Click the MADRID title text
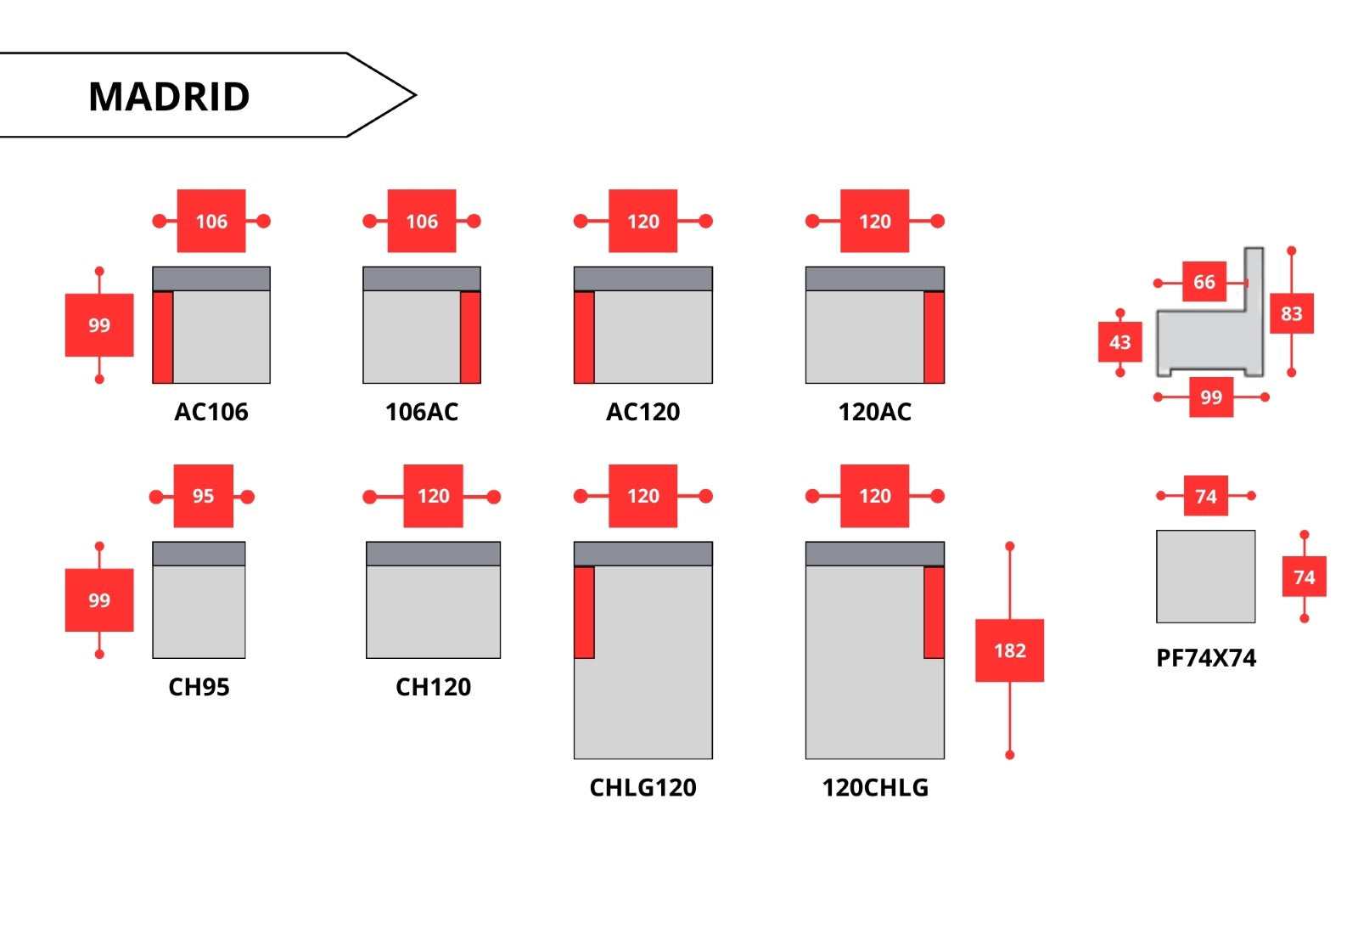[x=169, y=96]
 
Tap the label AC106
[x=211, y=412]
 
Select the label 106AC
[x=422, y=412]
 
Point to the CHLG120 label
[x=643, y=788]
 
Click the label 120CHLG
[x=875, y=788]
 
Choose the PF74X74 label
[x=1206, y=658]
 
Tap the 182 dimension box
[x=1009, y=650]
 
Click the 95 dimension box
[x=203, y=496]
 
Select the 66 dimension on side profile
[x=1204, y=282]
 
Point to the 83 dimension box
[x=1291, y=313]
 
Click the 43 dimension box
[x=1120, y=342]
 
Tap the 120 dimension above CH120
[x=433, y=496]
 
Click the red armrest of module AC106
[x=163, y=337]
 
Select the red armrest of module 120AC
[x=934, y=337]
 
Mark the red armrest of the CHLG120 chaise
[x=584, y=612]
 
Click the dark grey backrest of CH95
[x=199, y=554]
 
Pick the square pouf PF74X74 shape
[x=1205, y=577]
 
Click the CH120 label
[x=433, y=687]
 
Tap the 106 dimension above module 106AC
[x=422, y=221]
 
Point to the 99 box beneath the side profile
[x=1210, y=397]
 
